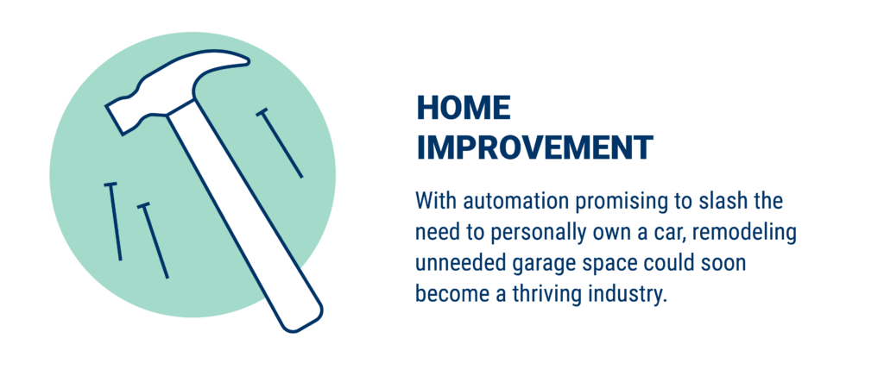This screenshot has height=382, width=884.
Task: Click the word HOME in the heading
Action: coord(464,108)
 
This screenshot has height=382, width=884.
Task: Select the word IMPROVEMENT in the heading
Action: coord(534,147)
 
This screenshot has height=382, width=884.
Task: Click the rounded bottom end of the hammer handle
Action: coord(301,321)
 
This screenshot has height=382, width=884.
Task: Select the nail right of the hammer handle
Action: coord(280,143)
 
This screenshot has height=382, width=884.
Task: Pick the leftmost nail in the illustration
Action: coord(114,222)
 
